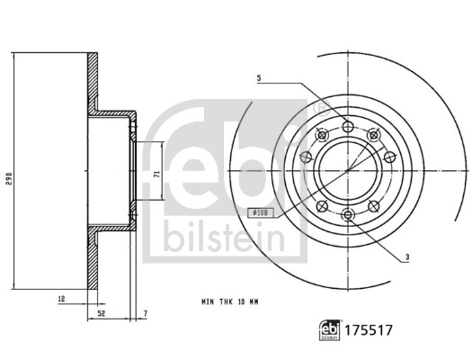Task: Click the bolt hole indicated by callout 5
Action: [x=348, y=127]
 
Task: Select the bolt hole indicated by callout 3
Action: [x=348, y=213]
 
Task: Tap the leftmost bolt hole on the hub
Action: [x=310, y=157]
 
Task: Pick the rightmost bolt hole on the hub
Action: [x=386, y=157]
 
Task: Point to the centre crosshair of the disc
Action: [x=348, y=170]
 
